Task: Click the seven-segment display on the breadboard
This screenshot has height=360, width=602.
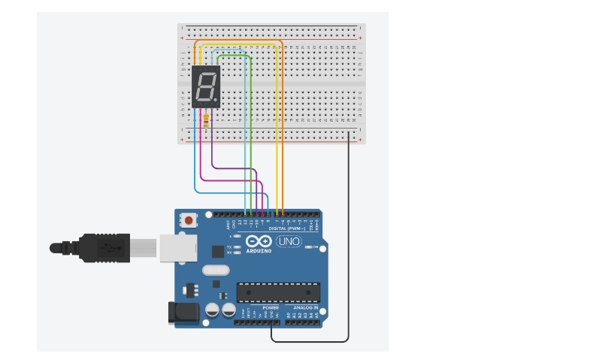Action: click(206, 86)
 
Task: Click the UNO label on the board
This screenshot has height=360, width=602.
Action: click(289, 242)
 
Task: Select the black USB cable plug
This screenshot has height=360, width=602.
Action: click(105, 247)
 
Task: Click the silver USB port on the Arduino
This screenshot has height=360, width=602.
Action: click(178, 247)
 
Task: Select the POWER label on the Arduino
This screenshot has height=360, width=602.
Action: click(271, 308)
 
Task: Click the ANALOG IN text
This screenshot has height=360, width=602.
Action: click(305, 308)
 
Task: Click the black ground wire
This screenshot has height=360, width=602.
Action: click(349, 241)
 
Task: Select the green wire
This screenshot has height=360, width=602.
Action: click(250, 135)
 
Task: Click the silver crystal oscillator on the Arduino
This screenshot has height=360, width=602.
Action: click(215, 271)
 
